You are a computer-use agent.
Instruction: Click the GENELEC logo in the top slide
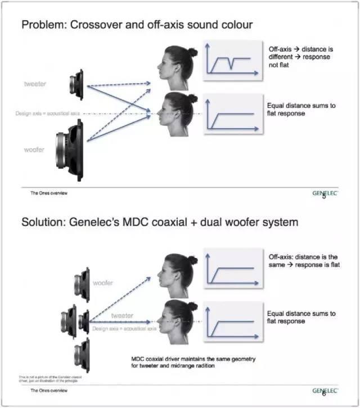click(x=327, y=192)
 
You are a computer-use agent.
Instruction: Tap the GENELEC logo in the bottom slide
click(x=327, y=391)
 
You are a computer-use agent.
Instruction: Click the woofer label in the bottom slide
click(x=103, y=283)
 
